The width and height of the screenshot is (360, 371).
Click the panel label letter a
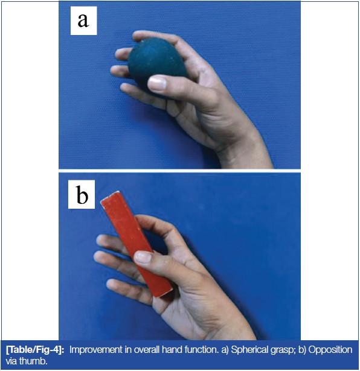83,21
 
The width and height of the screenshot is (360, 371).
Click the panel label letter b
82,195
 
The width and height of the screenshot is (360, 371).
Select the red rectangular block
136,244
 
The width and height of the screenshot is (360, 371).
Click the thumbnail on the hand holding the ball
157,83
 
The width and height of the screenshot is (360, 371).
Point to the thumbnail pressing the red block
143,257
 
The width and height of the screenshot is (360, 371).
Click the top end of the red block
110,197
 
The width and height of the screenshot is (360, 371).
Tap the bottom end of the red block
162,292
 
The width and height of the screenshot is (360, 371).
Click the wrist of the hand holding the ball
246,151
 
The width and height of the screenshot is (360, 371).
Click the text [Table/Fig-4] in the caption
35,350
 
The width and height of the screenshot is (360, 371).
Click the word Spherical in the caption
249,350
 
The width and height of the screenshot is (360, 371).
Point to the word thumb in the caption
33,361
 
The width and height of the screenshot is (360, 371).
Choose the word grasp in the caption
283,350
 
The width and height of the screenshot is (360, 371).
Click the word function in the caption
201,350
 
